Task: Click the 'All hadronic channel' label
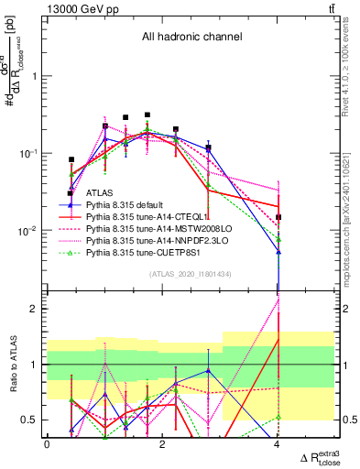pyautogui.click(x=191, y=38)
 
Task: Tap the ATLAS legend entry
pyautogui.click(x=101, y=193)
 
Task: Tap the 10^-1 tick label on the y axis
pyautogui.click(x=29, y=153)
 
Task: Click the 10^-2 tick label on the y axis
pyautogui.click(x=29, y=230)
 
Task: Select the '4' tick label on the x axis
pyautogui.click(x=278, y=444)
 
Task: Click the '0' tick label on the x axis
pyautogui.click(x=47, y=444)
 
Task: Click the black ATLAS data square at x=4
pyautogui.click(x=278, y=218)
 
